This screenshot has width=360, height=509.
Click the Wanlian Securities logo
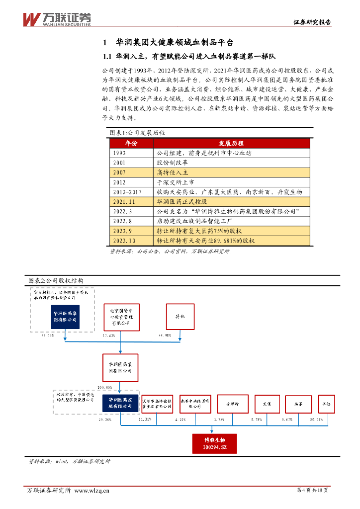[x=57, y=18]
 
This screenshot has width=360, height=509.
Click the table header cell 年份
[x=131, y=143]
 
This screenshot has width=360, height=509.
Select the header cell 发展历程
[x=232, y=143]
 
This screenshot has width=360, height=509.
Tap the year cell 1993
[x=119, y=153]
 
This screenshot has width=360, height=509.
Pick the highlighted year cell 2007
[x=119, y=172]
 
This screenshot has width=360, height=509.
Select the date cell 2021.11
[x=124, y=201]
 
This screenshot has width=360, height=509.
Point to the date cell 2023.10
[x=124, y=240]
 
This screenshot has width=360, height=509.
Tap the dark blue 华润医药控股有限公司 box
[x=121, y=403]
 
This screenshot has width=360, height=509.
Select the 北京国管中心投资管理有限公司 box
[x=121, y=317]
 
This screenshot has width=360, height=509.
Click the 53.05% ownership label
[x=48, y=336]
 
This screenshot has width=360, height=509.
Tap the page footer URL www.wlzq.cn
[x=91, y=491]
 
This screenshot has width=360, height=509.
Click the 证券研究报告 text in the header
[x=312, y=22]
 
